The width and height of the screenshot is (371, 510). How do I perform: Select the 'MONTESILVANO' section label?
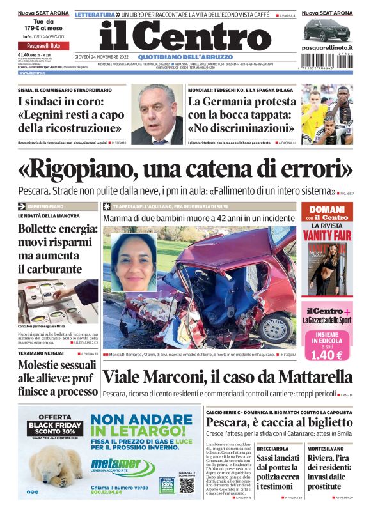(327, 449)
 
